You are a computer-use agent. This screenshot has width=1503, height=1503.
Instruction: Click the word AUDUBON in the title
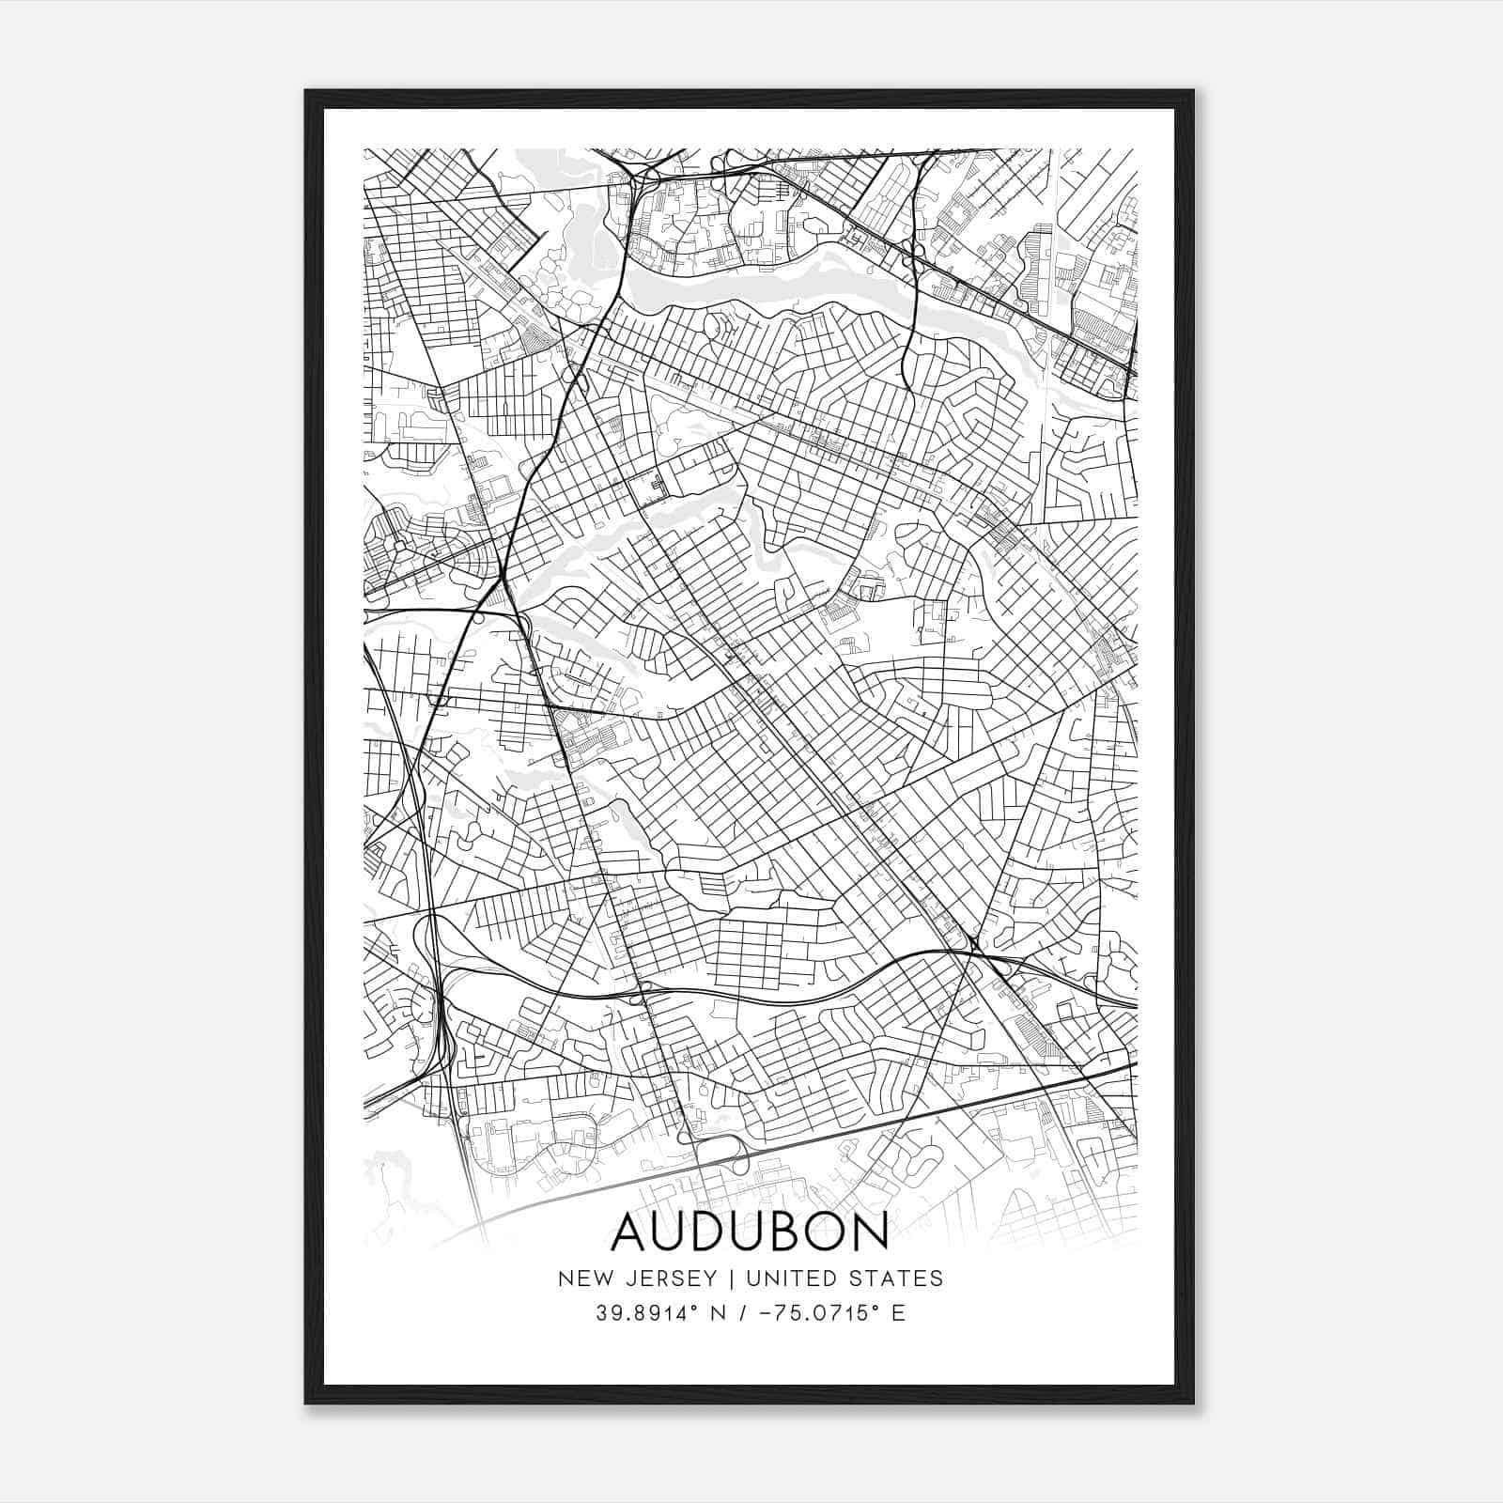(x=750, y=1232)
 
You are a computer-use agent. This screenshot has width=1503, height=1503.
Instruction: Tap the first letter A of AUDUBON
(x=630, y=1232)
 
